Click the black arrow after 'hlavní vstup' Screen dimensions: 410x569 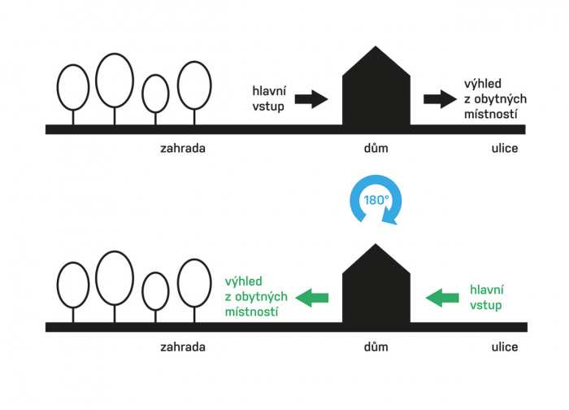311,100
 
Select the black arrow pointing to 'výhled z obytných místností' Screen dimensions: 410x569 440,100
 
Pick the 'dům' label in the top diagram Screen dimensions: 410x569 375,149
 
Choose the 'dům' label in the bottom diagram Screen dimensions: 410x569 375,347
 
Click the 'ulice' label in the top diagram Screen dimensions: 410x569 504,149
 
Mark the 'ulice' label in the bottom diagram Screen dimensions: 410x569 504,347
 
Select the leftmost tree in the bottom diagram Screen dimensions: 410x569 73,285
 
